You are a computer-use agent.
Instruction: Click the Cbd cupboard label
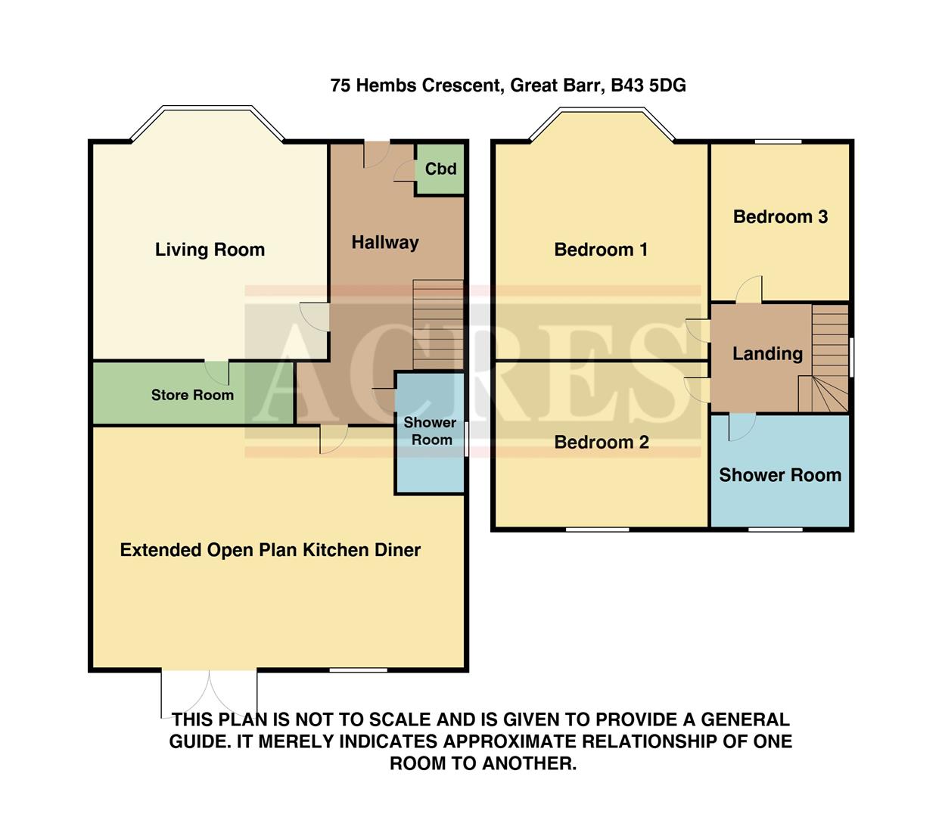[440, 169]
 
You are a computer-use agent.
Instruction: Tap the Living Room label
[210, 250]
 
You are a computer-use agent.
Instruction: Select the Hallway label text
[384, 242]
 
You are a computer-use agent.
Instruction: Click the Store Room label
[192, 395]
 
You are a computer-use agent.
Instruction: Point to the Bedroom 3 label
[780, 217]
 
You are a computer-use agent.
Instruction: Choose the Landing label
[767, 353]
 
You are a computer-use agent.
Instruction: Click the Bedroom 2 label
[602, 443]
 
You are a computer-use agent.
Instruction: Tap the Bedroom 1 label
[601, 250]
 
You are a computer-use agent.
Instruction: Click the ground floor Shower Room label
[430, 431]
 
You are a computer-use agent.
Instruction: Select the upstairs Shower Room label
[780, 475]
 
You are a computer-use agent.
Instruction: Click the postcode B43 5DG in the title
[648, 85]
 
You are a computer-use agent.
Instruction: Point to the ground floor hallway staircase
[438, 324]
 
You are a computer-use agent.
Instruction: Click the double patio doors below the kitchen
[209, 692]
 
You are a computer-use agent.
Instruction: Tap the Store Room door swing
[217, 371]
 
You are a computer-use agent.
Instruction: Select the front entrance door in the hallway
[376, 154]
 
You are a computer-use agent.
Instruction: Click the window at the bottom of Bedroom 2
[597, 529]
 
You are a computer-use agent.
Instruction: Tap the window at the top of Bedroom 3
[778, 141]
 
